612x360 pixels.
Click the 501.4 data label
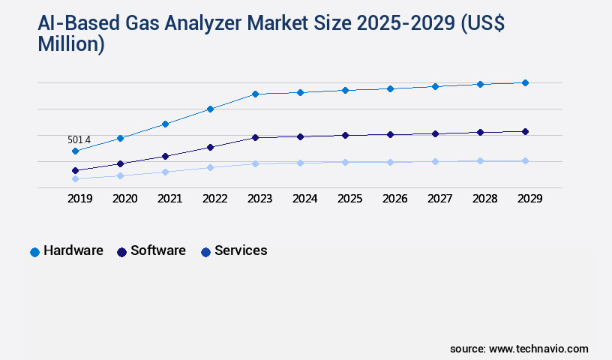tap(79, 140)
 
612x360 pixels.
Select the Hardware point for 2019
tap(75, 151)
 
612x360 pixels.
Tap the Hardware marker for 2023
tap(255, 94)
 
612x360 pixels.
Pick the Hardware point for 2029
tap(525, 82)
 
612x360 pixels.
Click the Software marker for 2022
tap(210, 147)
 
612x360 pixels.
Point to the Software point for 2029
tap(525, 131)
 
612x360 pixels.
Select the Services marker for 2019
tap(75, 178)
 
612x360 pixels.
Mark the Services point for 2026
tap(390, 162)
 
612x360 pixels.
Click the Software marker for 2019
tap(75, 170)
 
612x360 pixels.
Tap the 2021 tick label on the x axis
tap(169, 199)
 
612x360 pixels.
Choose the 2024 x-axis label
tap(304, 199)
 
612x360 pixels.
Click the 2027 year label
tap(439, 199)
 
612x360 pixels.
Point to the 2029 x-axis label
tap(529, 199)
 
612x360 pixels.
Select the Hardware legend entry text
tap(73, 250)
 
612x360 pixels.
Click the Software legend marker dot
tap(121, 252)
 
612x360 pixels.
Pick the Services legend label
tap(241, 250)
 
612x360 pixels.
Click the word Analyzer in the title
tap(217, 24)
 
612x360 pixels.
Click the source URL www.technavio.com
tap(538, 349)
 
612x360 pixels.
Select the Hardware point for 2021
tap(165, 124)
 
